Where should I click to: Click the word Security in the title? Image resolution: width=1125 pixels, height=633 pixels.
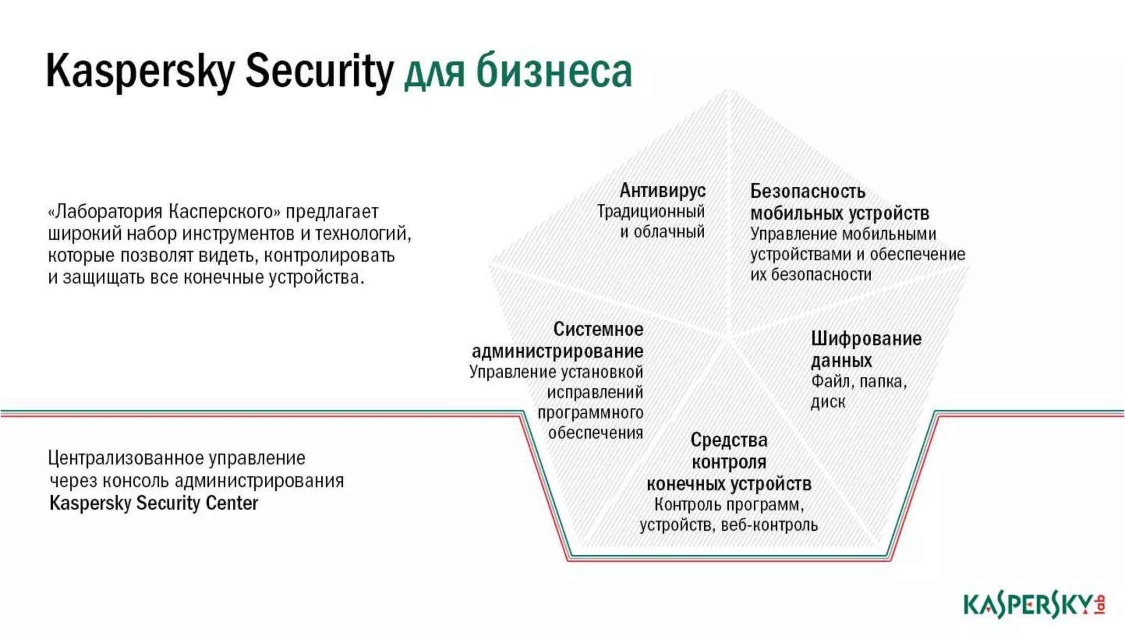pyautogui.click(x=319, y=71)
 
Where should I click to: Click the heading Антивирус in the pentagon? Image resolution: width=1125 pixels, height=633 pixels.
pyautogui.click(x=662, y=191)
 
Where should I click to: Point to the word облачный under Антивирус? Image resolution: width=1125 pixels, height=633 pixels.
pyautogui.click(x=670, y=232)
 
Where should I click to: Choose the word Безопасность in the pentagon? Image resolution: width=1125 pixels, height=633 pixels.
pyautogui.click(x=807, y=191)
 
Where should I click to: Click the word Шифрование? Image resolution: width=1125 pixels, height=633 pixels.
pyautogui.click(x=866, y=338)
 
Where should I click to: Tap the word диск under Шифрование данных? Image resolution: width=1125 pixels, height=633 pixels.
pyautogui.click(x=828, y=402)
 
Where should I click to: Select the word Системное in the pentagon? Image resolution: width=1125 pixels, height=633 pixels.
pyautogui.click(x=598, y=329)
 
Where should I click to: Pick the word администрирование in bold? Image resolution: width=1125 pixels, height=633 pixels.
pyautogui.click(x=558, y=351)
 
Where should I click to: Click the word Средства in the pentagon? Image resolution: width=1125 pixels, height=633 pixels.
pyautogui.click(x=729, y=440)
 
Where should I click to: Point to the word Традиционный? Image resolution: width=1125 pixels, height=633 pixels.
pyautogui.click(x=650, y=212)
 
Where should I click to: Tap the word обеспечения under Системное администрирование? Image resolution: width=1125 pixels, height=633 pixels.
pyautogui.click(x=595, y=433)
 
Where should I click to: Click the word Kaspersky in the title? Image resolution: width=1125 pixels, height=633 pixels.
pyautogui.click(x=141, y=71)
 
